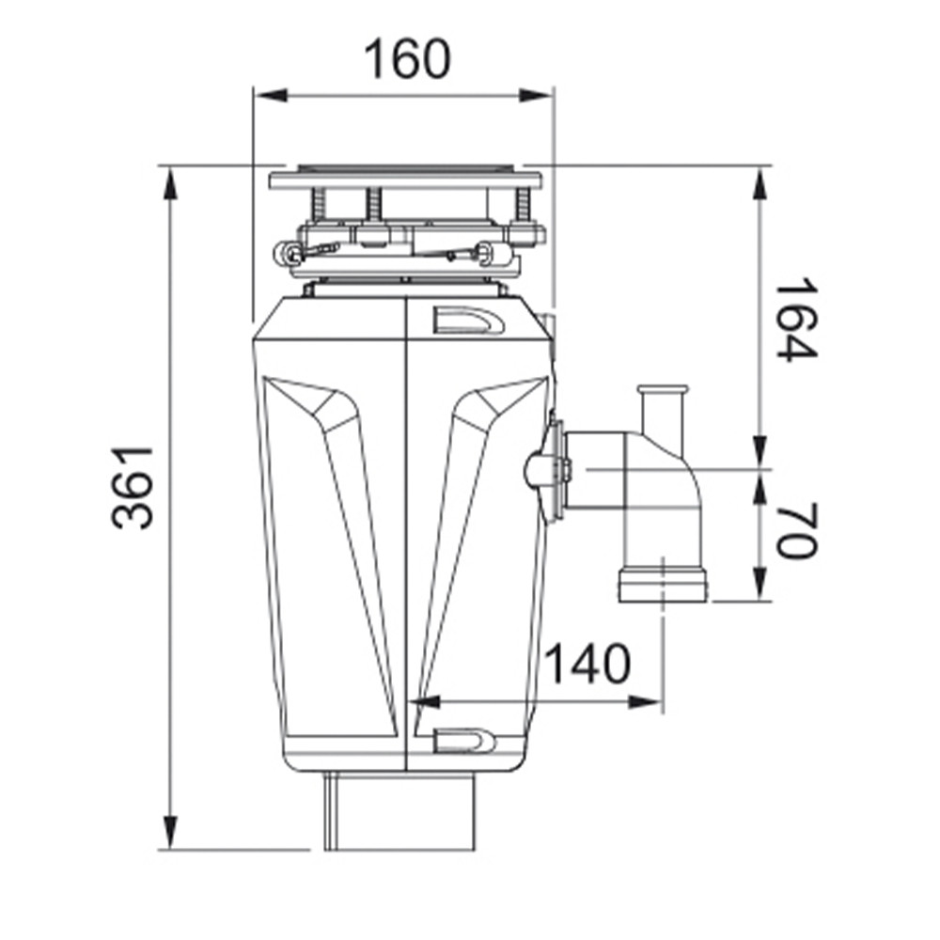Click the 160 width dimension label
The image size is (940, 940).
pos(407,58)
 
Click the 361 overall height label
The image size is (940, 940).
pos(133,487)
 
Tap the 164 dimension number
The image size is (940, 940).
pos(797,319)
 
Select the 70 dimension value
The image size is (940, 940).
pos(797,530)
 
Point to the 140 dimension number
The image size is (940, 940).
pos(587,664)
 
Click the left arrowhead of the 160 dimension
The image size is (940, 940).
pos(271,95)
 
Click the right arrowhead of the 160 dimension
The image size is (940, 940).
pos(535,95)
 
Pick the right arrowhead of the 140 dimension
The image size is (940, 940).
pos(645,702)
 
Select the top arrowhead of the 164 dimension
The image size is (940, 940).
pos(760,183)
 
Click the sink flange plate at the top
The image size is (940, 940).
pos(405,180)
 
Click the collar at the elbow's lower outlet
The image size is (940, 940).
pos(663,586)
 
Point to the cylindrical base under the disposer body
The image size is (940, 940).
pos(400,810)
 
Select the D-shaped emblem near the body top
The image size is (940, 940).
pos(469,323)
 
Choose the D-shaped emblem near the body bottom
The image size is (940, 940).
pos(465,742)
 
